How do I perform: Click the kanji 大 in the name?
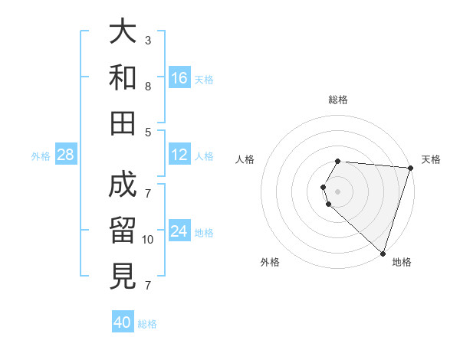click(123, 33)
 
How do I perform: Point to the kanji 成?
click(123, 185)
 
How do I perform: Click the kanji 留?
click(123, 229)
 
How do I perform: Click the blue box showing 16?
click(179, 77)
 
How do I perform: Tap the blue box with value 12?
click(179, 155)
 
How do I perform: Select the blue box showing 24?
click(179, 231)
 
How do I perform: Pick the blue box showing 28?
click(66, 155)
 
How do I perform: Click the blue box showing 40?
click(123, 322)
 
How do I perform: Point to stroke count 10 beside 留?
click(148, 240)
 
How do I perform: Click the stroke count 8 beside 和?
click(148, 87)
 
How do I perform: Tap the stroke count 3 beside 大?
click(148, 40)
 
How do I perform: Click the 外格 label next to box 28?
click(41, 156)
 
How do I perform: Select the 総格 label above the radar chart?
click(338, 100)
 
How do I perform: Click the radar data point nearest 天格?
click(410, 168)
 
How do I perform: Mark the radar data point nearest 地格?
click(383, 254)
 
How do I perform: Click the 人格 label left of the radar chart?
click(245, 159)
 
